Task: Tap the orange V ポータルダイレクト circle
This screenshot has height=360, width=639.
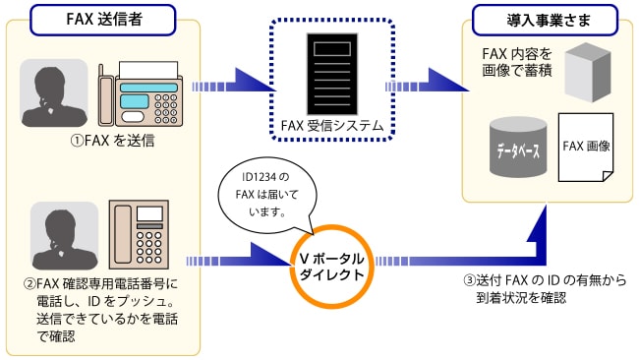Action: coord(330,258)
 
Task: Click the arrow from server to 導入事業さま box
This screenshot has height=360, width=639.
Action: coord(429,87)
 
